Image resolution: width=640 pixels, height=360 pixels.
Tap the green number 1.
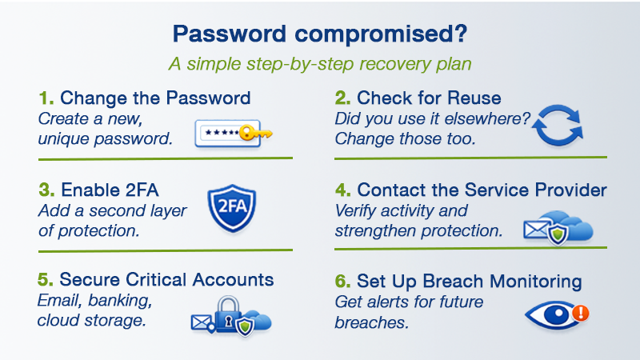click(46, 98)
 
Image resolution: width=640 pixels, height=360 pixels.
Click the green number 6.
click(342, 282)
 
